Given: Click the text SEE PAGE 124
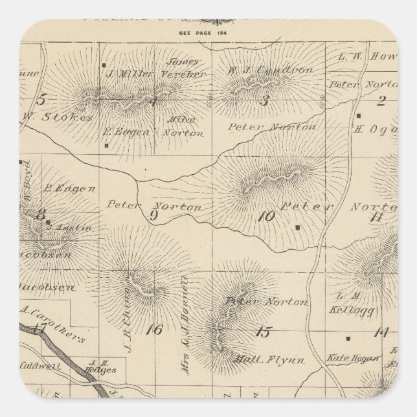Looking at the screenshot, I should [x=208, y=31].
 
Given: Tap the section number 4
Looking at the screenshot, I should [x=153, y=100].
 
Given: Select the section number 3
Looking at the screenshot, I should [x=264, y=100].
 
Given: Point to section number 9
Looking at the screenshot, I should [x=154, y=216].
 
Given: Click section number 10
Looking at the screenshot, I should [x=265, y=216].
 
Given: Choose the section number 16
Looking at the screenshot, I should [x=153, y=330].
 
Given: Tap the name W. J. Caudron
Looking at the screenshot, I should [x=262, y=69].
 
